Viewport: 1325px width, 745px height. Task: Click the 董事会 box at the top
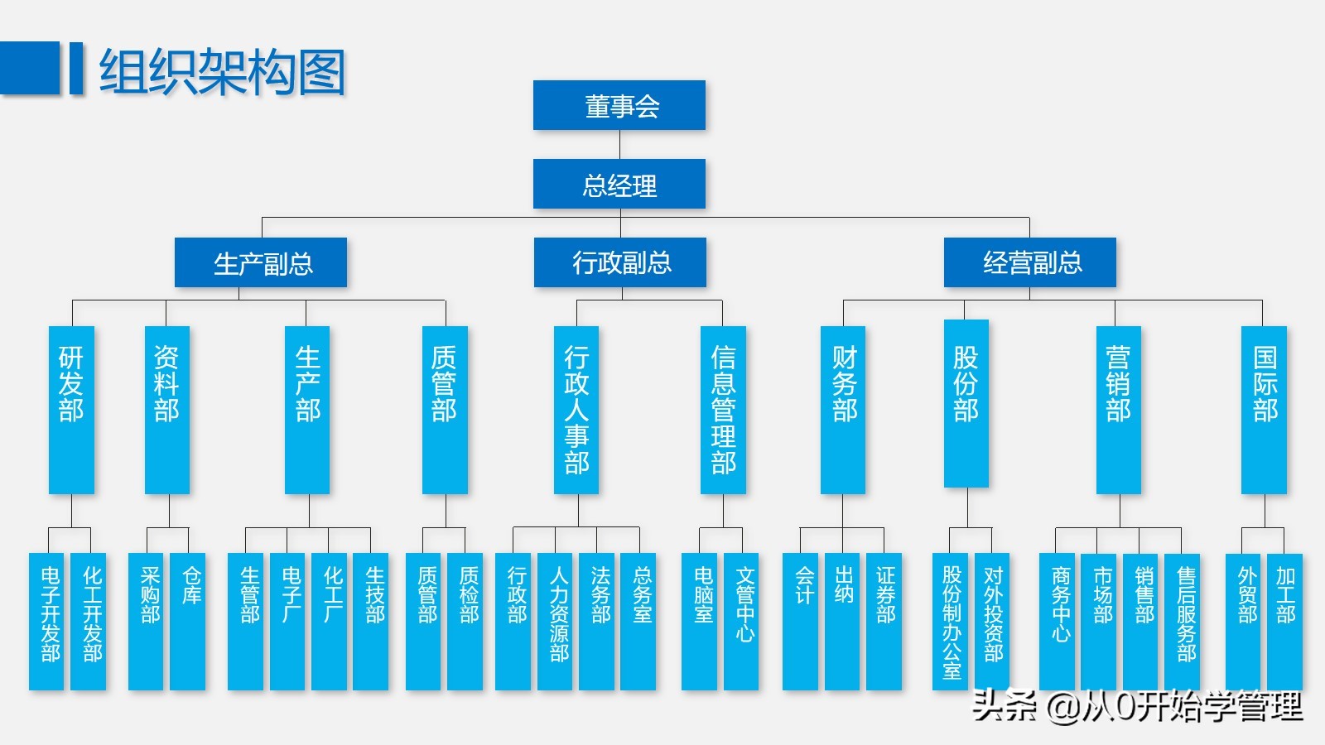pos(619,105)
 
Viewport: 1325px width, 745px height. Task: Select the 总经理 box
pos(619,184)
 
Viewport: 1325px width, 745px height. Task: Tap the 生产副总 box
pos(261,263)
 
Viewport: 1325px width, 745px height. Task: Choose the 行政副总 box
pos(620,262)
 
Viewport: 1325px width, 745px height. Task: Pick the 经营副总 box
pos(1030,262)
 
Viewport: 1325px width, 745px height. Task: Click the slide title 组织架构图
pos(222,71)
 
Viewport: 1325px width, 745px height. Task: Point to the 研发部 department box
pos(71,410)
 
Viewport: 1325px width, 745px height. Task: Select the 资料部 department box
pos(167,410)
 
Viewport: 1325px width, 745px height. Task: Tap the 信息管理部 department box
pos(723,410)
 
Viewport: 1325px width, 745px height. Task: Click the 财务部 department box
pos(843,410)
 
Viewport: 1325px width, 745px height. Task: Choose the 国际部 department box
pos(1264,410)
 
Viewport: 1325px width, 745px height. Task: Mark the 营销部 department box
pos(1119,410)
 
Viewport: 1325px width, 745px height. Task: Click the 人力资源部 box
pos(555,621)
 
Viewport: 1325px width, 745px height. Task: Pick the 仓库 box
pos(188,621)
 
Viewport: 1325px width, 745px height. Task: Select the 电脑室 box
pos(699,621)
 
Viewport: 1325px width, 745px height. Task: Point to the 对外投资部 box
pos(992,621)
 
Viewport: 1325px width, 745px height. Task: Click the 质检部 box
pos(465,621)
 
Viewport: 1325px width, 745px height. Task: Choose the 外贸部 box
pos(1243,621)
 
